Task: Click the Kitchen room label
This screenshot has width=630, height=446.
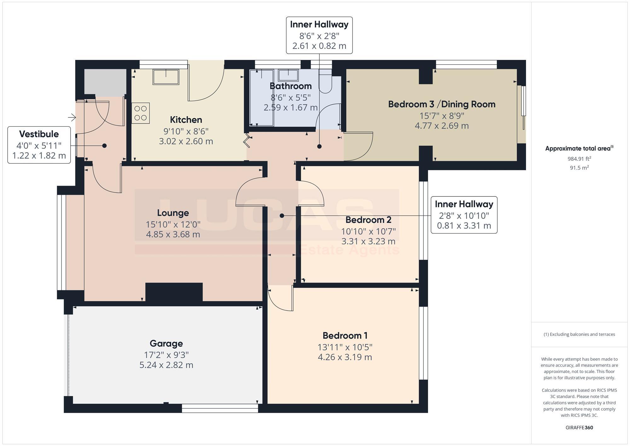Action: pyautogui.click(x=186, y=120)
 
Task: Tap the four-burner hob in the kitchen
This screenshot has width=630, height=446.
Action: pyautogui.click(x=140, y=113)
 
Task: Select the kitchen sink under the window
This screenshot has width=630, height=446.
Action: pyautogui.click(x=166, y=77)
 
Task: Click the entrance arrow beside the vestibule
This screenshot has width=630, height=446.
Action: pyautogui.click(x=72, y=118)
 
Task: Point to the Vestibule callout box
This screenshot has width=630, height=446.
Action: pyautogui.click(x=39, y=145)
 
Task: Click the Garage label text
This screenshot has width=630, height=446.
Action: pyautogui.click(x=166, y=343)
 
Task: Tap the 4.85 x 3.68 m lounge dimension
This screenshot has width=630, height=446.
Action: pyautogui.click(x=173, y=235)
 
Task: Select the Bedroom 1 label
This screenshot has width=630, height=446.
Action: pyautogui.click(x=345, y=335)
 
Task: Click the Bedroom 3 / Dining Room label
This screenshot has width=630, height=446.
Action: pyautogui.click(x=442, y=104)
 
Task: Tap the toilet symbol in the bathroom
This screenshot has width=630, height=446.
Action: pyautogui.click(x=325, y=84)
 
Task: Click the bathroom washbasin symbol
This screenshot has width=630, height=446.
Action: pyautogui.click(x=288, y=76)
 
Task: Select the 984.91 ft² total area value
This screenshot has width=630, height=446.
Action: pyautogui.click(x=579, y=159)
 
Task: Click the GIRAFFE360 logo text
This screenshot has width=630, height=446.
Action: pyautogui.click(x=579, y=428)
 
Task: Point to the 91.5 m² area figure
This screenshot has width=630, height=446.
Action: pyautogui.click(x=579, y=168)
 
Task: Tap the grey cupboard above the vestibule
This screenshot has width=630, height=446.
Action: pyautogui.click(x=105, y=83)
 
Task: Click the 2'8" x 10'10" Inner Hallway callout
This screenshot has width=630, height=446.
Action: pyautogui.click(x=464, y=215)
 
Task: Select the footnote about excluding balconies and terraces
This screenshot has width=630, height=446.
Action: pyautogui.click(x=579, y=334)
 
